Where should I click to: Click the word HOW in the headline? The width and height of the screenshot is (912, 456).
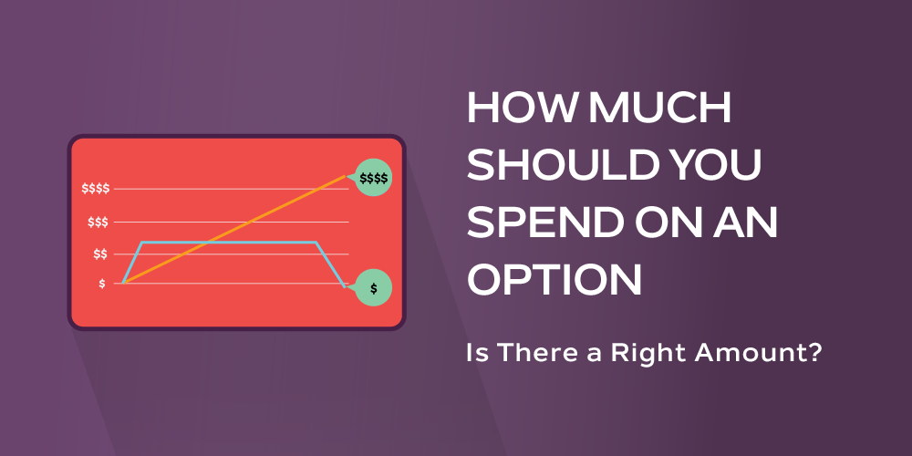[516, 110]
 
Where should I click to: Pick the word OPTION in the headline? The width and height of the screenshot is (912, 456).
[554, 280]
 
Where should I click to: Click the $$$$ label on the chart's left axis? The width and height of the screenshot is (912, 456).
[95, 189]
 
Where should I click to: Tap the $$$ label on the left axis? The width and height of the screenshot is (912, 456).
[98, 222]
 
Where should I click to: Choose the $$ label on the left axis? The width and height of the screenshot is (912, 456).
[99, 254]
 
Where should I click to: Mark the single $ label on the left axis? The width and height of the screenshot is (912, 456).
[102, 284]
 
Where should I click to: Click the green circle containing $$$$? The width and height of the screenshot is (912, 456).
[373, 178]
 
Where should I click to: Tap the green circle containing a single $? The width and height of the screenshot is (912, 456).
[373, 288]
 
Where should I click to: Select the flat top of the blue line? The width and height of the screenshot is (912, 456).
[228, 243]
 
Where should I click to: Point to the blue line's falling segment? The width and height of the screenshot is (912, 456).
[330, 265]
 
